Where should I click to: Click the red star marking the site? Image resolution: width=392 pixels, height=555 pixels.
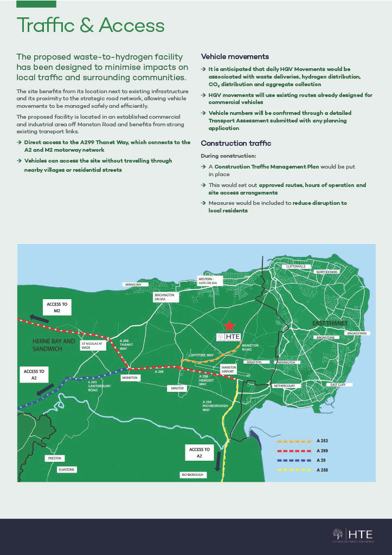[230, 325]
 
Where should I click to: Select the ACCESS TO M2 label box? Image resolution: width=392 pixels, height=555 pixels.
[57, 307]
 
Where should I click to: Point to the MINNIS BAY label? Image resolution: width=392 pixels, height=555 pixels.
[133, 284]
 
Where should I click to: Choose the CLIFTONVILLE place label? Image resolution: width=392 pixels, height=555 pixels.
[296, 267]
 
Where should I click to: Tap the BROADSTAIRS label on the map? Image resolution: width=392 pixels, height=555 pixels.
[357, 333]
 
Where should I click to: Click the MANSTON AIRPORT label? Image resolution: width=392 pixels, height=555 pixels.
[229, 370]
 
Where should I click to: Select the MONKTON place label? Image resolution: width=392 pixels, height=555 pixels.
[130, 377]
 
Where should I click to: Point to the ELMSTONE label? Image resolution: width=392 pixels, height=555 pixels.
[67, 469]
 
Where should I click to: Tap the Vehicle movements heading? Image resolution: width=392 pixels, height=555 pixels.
[235, 56]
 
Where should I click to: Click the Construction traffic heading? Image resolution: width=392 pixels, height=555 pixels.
[236, 143]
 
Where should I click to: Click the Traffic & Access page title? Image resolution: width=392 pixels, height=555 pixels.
[91, 25]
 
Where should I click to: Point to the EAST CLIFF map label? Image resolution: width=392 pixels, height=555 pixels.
[341, 384]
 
